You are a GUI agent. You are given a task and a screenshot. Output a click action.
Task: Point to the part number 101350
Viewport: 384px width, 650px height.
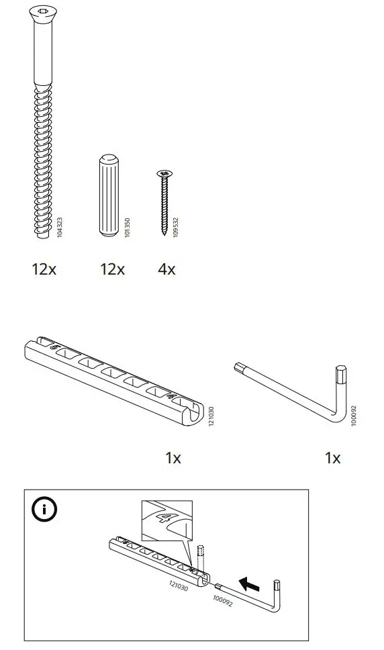point(128,226)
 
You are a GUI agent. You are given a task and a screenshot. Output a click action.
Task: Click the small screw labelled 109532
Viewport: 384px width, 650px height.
point(162,202)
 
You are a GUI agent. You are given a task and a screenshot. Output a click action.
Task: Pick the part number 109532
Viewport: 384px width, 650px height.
point(175,226)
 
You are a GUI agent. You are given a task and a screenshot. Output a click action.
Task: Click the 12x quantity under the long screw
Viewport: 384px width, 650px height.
point(44,269)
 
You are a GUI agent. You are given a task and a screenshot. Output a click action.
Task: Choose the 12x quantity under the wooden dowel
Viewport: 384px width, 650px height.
point(112,269)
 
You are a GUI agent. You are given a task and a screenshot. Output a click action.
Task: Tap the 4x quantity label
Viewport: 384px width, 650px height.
point(166,269)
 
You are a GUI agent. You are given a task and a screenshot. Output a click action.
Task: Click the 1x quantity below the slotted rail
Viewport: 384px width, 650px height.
point(173,458)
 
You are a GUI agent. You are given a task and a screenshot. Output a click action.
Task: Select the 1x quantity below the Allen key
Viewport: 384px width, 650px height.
point(332,458)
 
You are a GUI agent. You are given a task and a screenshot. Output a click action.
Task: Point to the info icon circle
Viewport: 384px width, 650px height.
point(44,510)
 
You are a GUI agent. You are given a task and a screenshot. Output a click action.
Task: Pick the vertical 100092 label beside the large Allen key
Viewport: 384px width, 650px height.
point(354,416)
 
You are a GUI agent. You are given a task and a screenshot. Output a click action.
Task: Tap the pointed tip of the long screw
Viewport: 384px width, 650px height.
point(42,236)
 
